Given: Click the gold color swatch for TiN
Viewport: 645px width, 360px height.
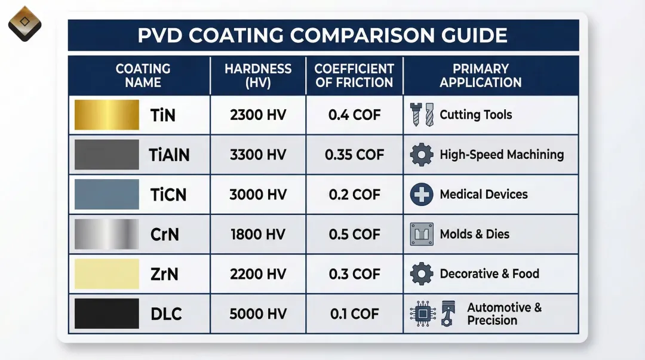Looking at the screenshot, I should [106, 115].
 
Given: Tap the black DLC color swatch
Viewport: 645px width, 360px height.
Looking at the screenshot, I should [106, 313].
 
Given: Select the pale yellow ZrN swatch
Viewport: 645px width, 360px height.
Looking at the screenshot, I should [106, 274].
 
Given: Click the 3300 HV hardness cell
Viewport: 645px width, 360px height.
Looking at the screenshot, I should [258, 155].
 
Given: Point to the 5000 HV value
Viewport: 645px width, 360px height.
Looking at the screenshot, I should [258, 313].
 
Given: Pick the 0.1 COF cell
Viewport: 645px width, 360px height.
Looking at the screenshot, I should [354, 313].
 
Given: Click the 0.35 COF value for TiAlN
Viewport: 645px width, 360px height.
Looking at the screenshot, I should [354, 155].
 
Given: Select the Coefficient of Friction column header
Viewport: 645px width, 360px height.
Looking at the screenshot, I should [354, 76].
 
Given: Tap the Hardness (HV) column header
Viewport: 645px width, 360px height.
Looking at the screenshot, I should [258, 76].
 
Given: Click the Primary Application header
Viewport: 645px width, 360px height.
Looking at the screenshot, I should [481, 76].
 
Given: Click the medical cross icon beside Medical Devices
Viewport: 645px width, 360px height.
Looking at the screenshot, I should [422, 195].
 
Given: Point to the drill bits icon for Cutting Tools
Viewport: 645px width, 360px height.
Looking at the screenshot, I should [423, 115].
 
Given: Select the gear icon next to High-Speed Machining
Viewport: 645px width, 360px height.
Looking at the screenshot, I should [422, 155].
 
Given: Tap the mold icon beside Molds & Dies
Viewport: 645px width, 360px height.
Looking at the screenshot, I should [422, 234].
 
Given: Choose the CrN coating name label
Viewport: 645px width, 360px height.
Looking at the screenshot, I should [164, 234].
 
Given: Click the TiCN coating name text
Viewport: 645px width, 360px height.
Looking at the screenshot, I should [168, 195].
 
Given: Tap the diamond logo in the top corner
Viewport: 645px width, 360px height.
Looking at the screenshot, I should [24, 23].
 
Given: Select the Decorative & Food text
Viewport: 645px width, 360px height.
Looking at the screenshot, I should [489, 274].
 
